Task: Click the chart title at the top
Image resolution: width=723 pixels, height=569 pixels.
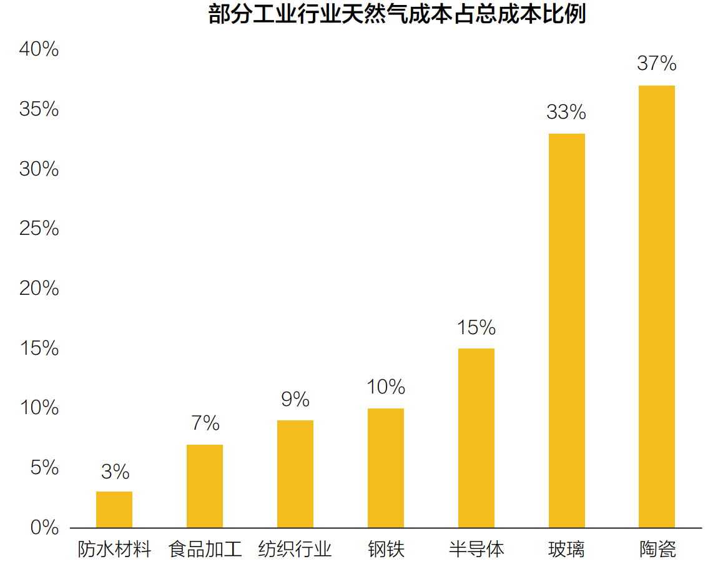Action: tap(397, 14)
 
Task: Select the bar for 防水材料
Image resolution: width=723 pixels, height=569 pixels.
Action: tap(114, 510)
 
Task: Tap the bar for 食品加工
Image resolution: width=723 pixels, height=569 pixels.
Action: tap(205, 486)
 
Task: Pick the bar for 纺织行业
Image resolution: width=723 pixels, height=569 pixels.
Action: tap(295, 474)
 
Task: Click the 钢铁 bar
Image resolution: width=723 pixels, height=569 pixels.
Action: tap(386, 468)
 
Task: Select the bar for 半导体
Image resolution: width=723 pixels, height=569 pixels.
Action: tap(476, 438)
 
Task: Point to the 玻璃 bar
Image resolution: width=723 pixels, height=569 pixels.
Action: tap(567, 330)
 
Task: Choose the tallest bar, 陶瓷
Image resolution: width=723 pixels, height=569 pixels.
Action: tap(657, 307)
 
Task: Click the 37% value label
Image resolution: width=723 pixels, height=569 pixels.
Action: tap(657, 64)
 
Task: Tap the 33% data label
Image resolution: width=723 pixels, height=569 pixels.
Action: tap(566, 112)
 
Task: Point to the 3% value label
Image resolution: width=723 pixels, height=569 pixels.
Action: tap(115, 472)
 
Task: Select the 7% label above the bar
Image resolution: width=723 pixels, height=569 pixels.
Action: tap(205, 424)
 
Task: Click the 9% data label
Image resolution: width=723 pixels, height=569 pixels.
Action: tap(295, 400)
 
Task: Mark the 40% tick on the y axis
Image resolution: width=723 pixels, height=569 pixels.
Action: tap(39, 49)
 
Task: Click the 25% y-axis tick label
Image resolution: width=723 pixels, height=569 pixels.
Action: tap(39, 229)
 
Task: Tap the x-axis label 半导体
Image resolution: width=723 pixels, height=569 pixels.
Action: tap(476, 550)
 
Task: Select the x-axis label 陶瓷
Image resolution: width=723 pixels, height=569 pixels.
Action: tap(657, 550)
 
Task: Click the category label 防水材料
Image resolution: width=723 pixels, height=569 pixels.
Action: tap(115, 550)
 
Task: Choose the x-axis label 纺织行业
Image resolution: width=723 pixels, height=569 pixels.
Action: tap(295, 550)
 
